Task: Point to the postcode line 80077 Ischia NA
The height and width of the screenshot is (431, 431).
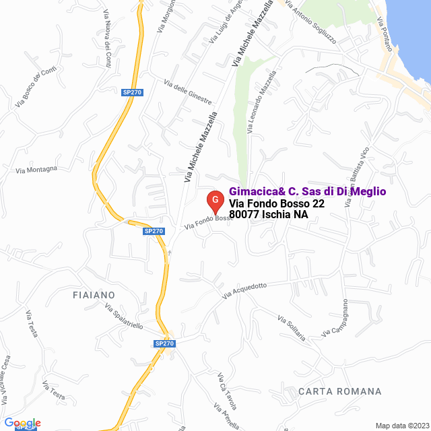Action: (268, 215)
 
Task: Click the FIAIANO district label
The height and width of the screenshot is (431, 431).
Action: (94, 295)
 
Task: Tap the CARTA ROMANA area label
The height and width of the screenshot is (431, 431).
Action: (339, 391)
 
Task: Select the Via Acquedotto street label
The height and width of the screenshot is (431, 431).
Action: (244, 290)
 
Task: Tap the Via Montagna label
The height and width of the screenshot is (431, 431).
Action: (36, 169)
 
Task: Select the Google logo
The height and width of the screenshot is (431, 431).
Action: (22, 422)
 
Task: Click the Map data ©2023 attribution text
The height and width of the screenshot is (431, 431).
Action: (401, 426)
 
